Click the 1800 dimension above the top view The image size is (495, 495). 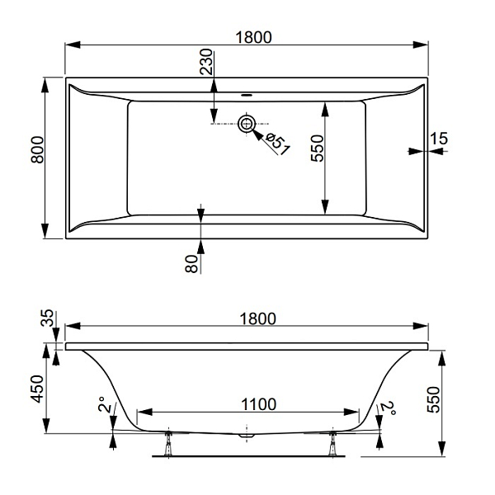(x=253, y=38)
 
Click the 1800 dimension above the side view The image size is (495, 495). (x=258, y=318)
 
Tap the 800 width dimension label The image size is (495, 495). (x=37, y=149)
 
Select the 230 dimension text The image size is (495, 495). (x=207, y=62)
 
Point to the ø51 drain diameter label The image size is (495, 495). (x=277, y=144)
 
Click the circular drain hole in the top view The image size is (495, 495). (x=247, y=124)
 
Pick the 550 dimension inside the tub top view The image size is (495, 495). (x=318, y=148)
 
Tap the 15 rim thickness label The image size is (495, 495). (x=439, y=139)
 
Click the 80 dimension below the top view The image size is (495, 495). (x=191, y=264)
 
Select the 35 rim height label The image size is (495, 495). (x=48, y=318)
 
